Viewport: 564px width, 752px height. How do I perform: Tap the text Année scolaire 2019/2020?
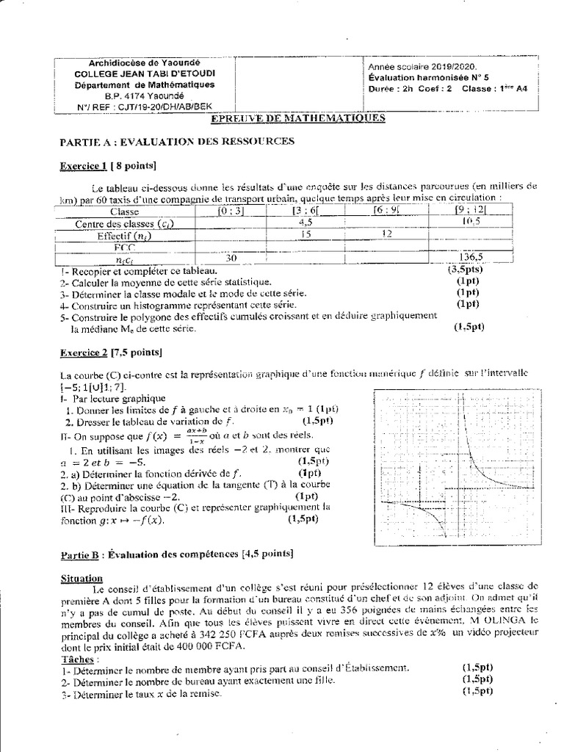409,66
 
